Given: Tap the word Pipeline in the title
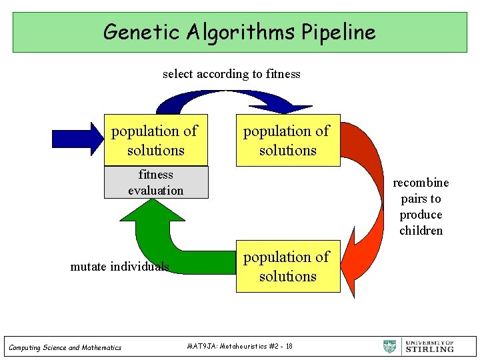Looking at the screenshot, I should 339,31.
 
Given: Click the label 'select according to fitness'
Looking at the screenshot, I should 231,74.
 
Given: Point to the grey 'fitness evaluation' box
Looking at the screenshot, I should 156,183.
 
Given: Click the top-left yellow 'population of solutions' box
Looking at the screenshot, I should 155,140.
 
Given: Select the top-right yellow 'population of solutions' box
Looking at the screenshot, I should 287,140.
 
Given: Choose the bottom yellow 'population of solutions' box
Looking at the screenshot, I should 287,266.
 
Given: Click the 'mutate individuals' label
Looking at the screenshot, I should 119,267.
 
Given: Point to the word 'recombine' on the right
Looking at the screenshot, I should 421,183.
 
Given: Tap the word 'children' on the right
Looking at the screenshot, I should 421,231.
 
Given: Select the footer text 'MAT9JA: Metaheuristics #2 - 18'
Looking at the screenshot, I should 240,346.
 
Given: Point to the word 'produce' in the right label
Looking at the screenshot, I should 421,215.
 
